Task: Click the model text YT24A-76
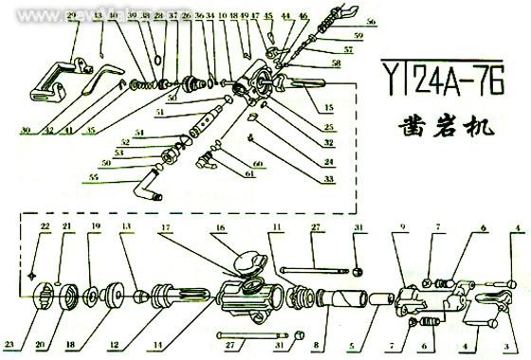tap(441, 73)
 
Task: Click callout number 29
tap(72, 17)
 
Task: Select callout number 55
tap(92, 175)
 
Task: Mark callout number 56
tap(370, 21)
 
